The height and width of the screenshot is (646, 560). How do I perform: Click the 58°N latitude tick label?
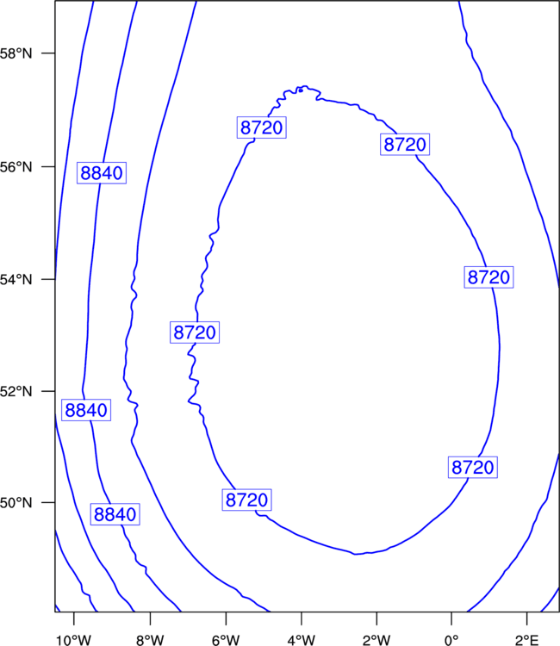16,53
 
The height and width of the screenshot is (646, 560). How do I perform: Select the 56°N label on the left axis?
16,167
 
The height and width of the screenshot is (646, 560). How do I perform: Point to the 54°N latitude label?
16,279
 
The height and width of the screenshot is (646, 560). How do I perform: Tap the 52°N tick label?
16,391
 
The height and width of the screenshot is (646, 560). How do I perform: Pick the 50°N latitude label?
16,503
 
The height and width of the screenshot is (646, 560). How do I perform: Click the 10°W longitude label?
73,640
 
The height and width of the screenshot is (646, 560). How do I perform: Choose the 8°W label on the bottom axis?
150,640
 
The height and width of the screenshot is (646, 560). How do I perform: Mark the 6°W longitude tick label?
226,640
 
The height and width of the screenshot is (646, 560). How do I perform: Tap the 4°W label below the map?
302,640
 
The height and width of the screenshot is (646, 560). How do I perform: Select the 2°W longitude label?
376,640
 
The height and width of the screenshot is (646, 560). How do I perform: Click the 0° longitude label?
451,640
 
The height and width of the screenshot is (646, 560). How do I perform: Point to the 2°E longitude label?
527,640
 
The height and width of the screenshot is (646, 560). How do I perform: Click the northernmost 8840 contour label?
102,173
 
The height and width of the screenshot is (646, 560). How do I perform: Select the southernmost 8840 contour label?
115,514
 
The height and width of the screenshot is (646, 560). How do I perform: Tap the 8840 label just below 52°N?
86,410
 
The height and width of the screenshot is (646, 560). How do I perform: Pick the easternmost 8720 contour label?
488,276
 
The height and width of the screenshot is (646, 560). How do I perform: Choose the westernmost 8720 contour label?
195,332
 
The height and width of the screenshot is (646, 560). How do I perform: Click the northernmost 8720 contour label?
262,127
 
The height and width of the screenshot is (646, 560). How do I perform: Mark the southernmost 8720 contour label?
246,500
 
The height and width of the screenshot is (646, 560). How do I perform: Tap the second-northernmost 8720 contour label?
405,144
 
